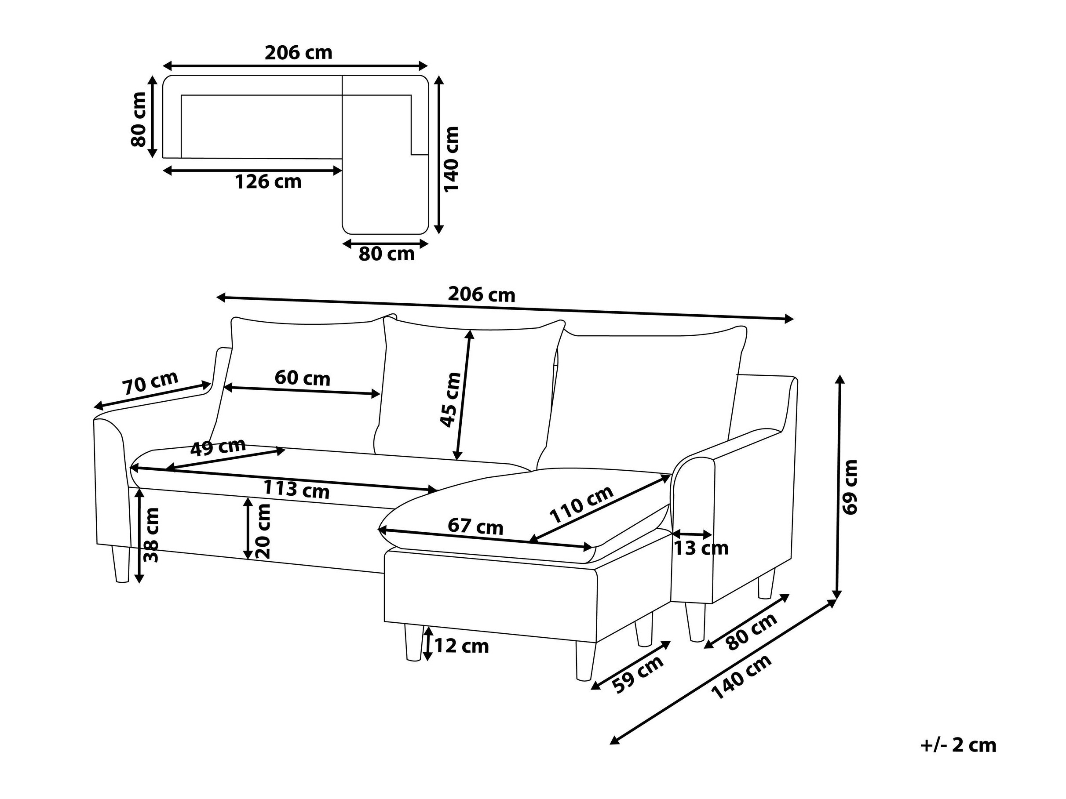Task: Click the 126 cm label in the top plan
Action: point(268,182)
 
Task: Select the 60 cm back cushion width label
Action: point(302,378)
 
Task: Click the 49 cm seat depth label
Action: point(218,447)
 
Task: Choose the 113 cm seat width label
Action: point(296,490)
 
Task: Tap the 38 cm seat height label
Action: point(151,535)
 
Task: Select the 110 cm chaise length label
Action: point(582,505)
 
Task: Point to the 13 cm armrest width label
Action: point(701,548)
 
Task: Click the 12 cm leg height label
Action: point(461,646)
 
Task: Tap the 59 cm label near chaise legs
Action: point(637,674)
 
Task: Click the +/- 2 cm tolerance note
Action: point(958,745)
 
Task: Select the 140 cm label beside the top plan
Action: point(452,160)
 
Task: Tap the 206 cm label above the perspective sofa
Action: point(482,294)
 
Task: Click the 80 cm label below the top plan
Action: point(387,254)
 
